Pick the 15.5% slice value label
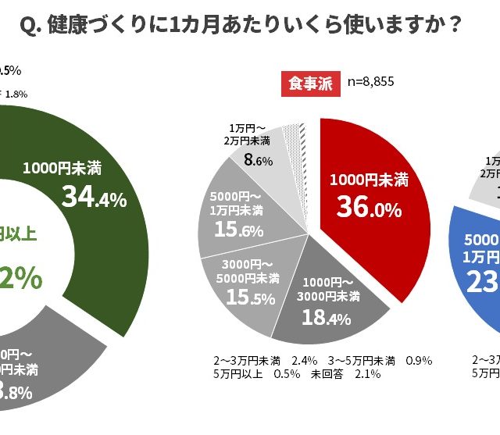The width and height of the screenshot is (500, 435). coord(239,298)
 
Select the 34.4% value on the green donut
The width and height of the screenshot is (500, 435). coord(94,198)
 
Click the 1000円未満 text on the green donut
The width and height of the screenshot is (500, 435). coord(62,167)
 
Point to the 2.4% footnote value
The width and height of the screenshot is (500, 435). coord(304,360)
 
